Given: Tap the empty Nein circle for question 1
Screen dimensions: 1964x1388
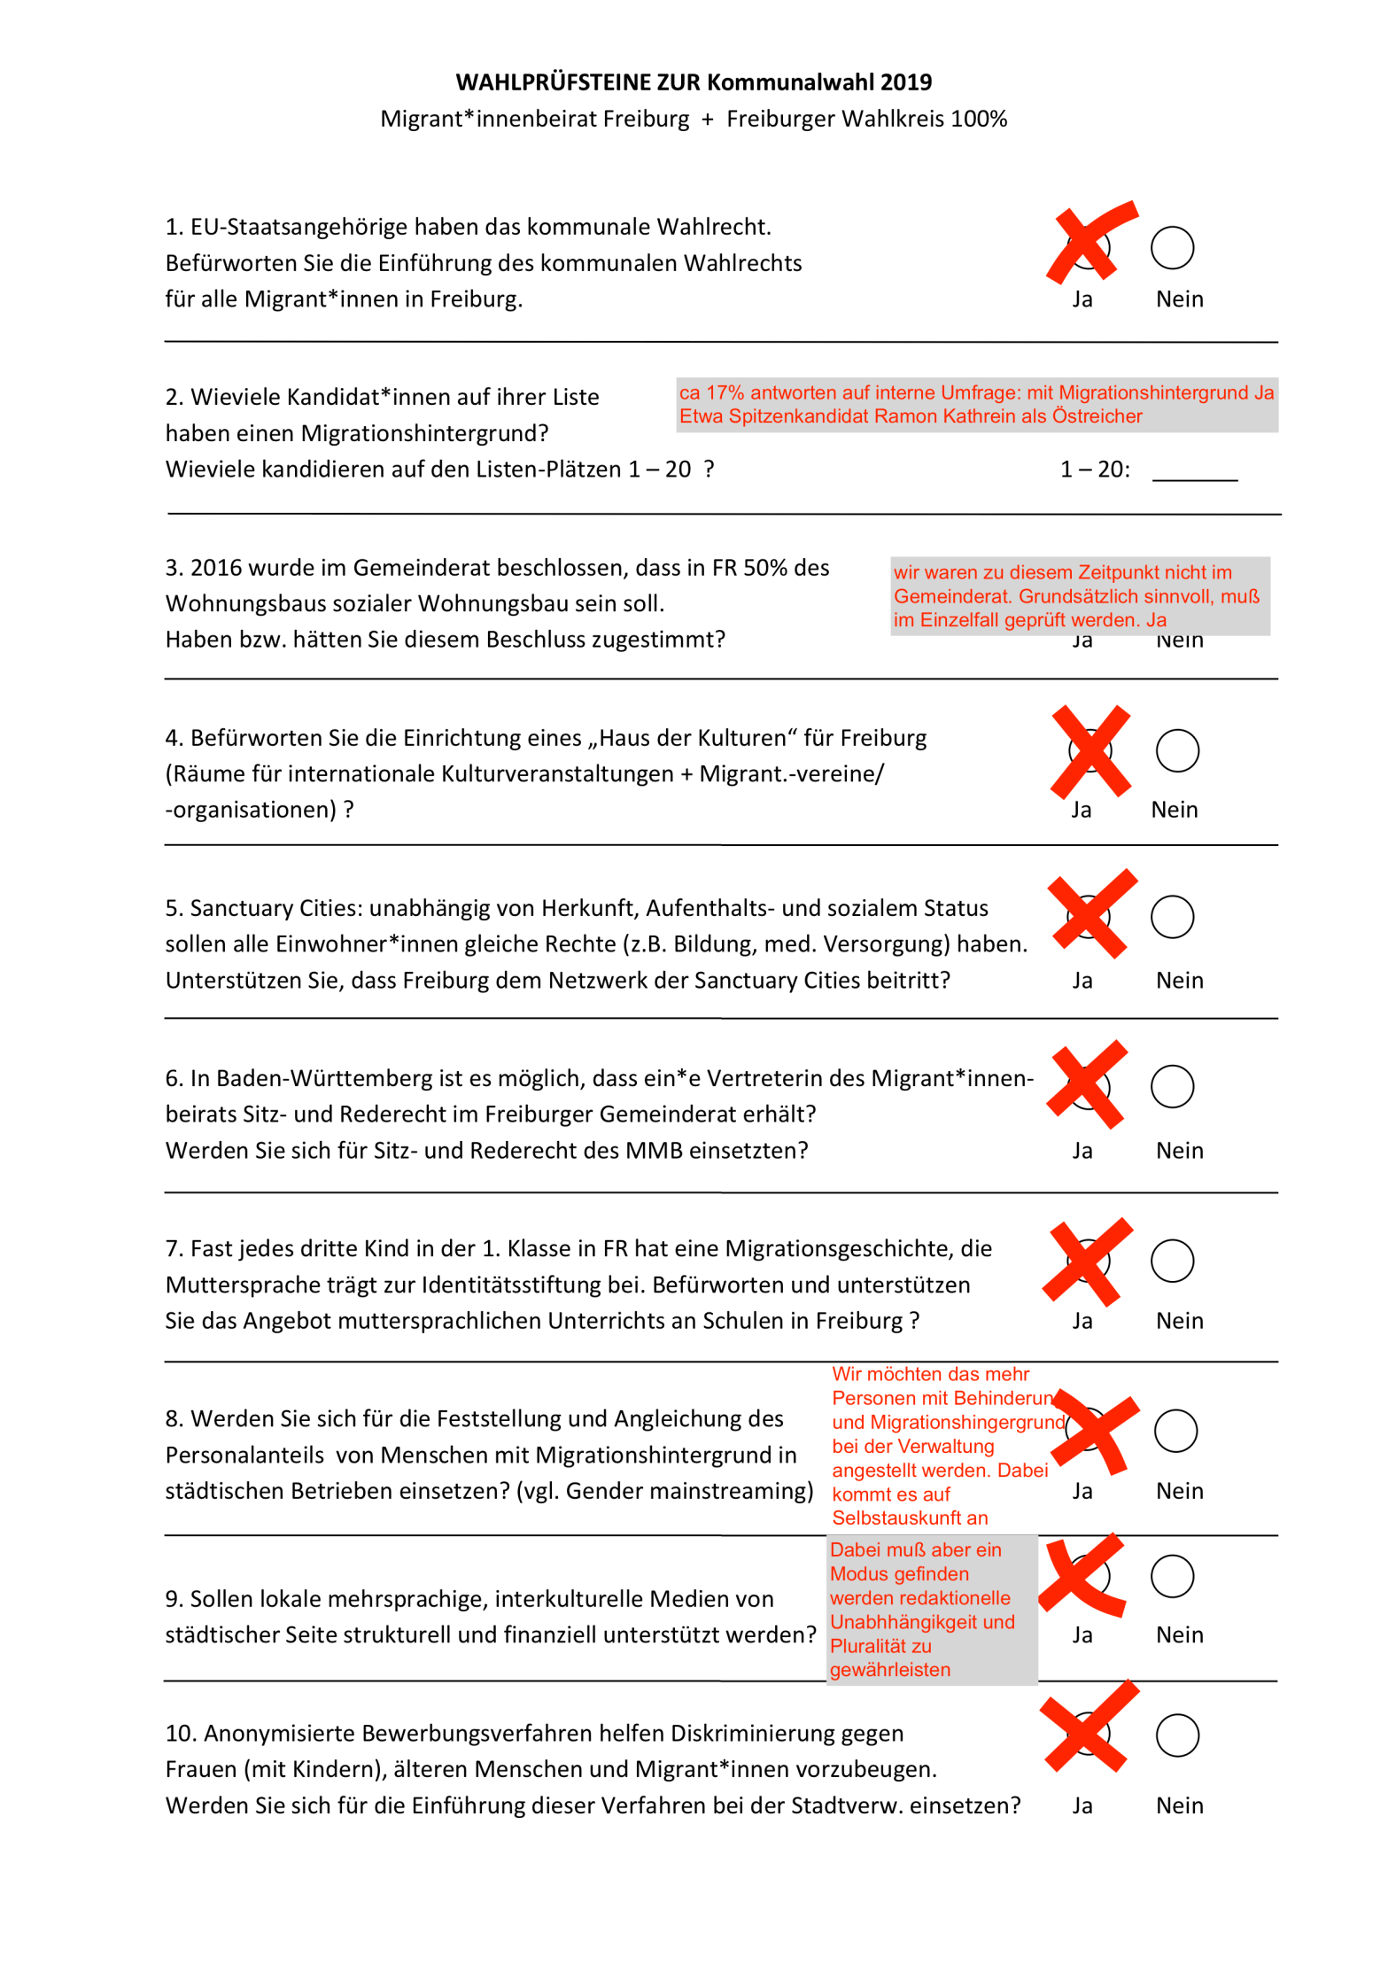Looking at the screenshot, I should pos(1172,247).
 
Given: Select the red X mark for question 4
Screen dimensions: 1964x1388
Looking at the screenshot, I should pos(1090,751).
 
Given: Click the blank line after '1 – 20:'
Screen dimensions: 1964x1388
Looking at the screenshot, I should pos(1194,471).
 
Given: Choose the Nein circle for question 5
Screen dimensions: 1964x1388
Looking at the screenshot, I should pos(1172,916).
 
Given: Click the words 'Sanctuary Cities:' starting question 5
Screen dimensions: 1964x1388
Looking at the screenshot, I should pos(275,908).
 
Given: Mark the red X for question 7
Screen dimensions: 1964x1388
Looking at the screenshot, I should pos(1088,1261).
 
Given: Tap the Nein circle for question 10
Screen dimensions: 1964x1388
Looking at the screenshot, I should pos(1177,1735).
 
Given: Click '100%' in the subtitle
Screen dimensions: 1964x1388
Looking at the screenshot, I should pos(979,119).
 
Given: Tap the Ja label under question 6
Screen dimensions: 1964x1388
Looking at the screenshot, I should pos(1082,1151).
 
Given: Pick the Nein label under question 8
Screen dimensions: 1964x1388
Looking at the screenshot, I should pos(1179,1491).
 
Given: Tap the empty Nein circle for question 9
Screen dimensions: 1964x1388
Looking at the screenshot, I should pos(1172,1576).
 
